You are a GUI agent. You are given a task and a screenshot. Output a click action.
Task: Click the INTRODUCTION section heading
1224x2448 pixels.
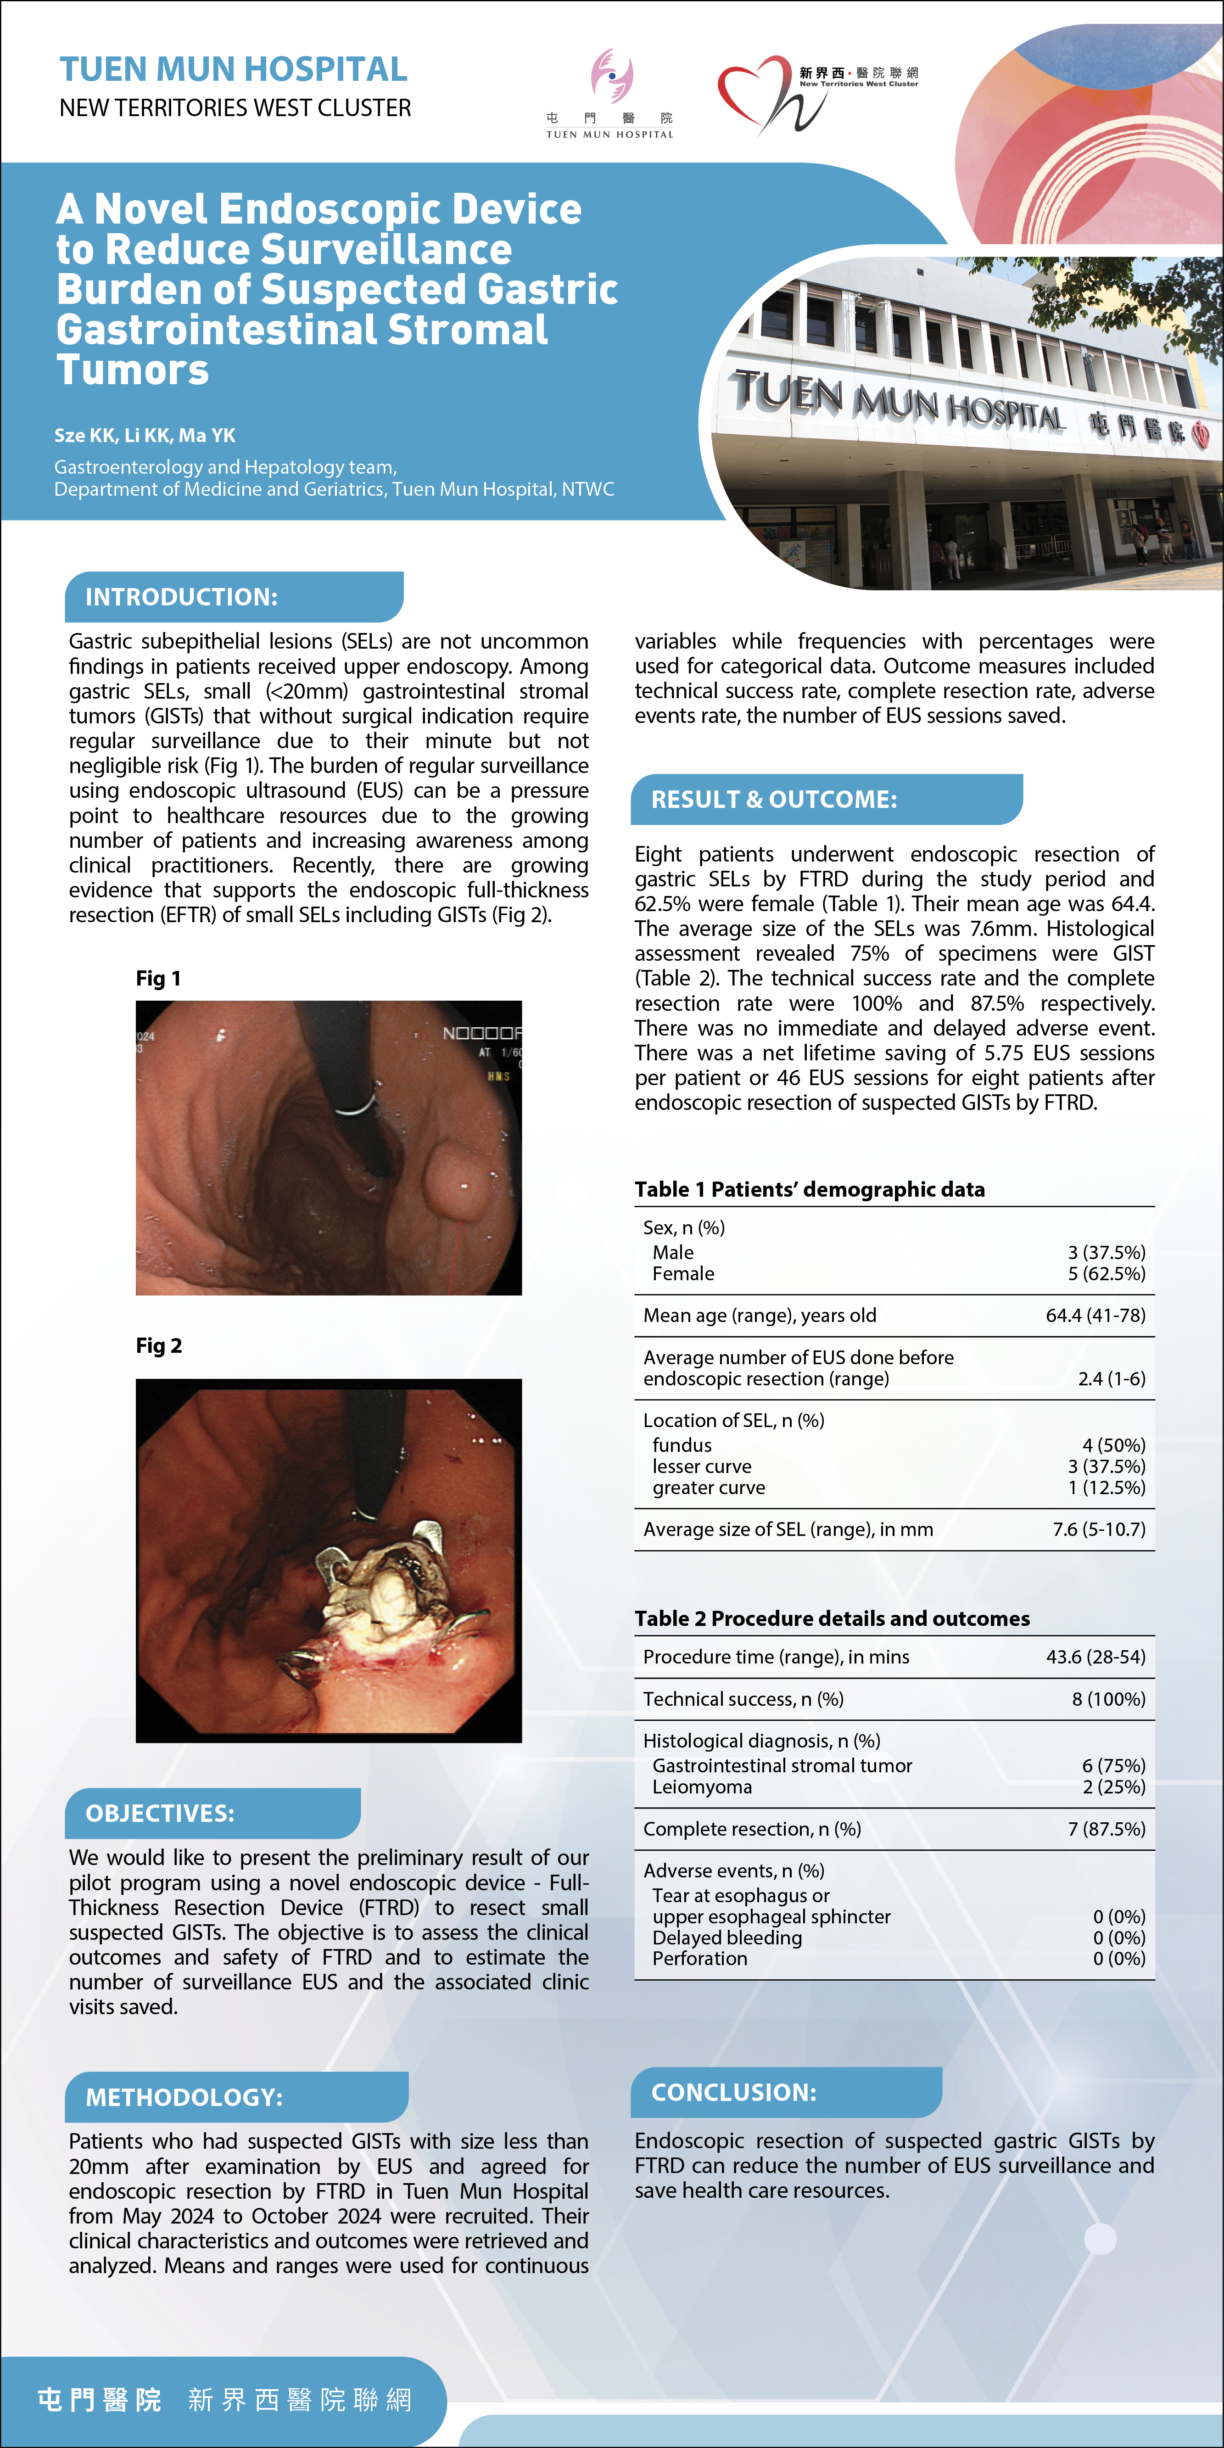[181, 597]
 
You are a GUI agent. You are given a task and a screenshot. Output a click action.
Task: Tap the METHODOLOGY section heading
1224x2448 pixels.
[184, 2096]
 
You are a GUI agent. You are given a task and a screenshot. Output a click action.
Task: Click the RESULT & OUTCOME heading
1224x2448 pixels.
[774, 799]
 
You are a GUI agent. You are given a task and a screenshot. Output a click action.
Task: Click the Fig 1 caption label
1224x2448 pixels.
[158, 978]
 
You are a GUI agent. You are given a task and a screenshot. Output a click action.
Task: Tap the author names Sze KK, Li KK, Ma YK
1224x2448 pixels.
[145, 435]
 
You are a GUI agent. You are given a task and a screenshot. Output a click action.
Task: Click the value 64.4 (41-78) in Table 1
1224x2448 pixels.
[1095, 1315]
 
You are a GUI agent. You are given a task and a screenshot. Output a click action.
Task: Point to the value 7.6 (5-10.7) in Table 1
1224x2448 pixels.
[1099, 1529]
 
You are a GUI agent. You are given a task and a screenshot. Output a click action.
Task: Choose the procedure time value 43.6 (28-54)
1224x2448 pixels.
[1095, 1656]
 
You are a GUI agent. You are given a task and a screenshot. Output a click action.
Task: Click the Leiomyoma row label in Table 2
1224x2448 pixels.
[702, 1787]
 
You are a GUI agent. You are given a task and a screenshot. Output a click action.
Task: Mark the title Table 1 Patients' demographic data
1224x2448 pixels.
[810, 1189]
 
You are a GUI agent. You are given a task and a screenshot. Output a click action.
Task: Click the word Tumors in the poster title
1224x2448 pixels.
[133, 370]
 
